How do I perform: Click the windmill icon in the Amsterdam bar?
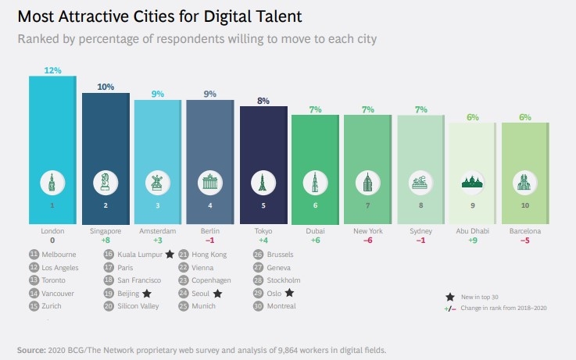158,184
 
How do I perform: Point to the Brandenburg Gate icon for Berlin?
209,184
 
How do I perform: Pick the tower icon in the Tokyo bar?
263,184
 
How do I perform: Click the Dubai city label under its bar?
315,231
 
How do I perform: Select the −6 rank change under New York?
368,241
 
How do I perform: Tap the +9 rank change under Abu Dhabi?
474,241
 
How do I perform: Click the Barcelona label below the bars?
526,231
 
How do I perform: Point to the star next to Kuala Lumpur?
169,254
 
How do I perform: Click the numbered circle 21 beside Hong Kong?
184,255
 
